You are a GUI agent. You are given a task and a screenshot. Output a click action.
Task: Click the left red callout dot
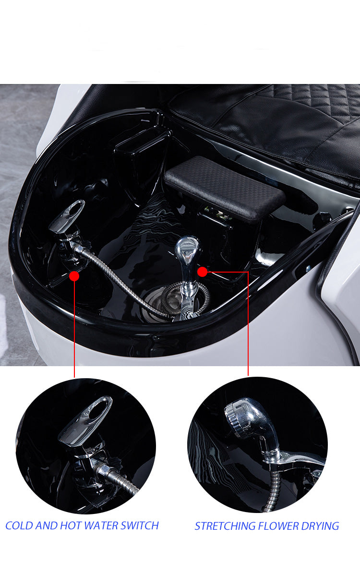click(74, 276)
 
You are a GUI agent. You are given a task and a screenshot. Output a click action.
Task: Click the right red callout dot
click(202, 272)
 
